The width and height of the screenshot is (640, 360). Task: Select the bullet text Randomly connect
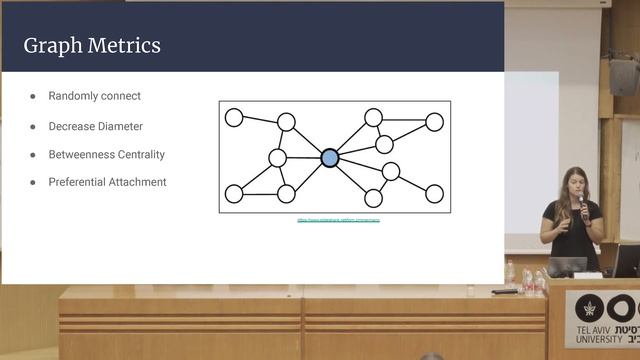(94, 96)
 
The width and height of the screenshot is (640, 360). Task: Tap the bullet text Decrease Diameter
(95, 126)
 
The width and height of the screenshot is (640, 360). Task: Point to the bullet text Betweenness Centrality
(106, 155)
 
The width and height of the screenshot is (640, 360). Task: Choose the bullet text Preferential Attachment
(107, 182)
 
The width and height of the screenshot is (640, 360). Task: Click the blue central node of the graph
(330, 157)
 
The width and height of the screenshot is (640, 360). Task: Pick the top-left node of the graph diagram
(234, 118)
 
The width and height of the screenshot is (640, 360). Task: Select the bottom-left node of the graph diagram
(234, 193)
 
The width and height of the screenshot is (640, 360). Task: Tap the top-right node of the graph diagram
(434, 122)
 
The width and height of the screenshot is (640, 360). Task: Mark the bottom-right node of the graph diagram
(434, 193)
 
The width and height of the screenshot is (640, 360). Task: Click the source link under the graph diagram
(339, 219)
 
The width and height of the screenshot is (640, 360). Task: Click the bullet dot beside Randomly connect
(32, 97)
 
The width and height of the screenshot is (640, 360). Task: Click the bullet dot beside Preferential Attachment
(32, 183)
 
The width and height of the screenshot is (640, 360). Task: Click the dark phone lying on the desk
(506, 291)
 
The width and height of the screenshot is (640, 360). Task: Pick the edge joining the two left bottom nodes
(260, 193)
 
